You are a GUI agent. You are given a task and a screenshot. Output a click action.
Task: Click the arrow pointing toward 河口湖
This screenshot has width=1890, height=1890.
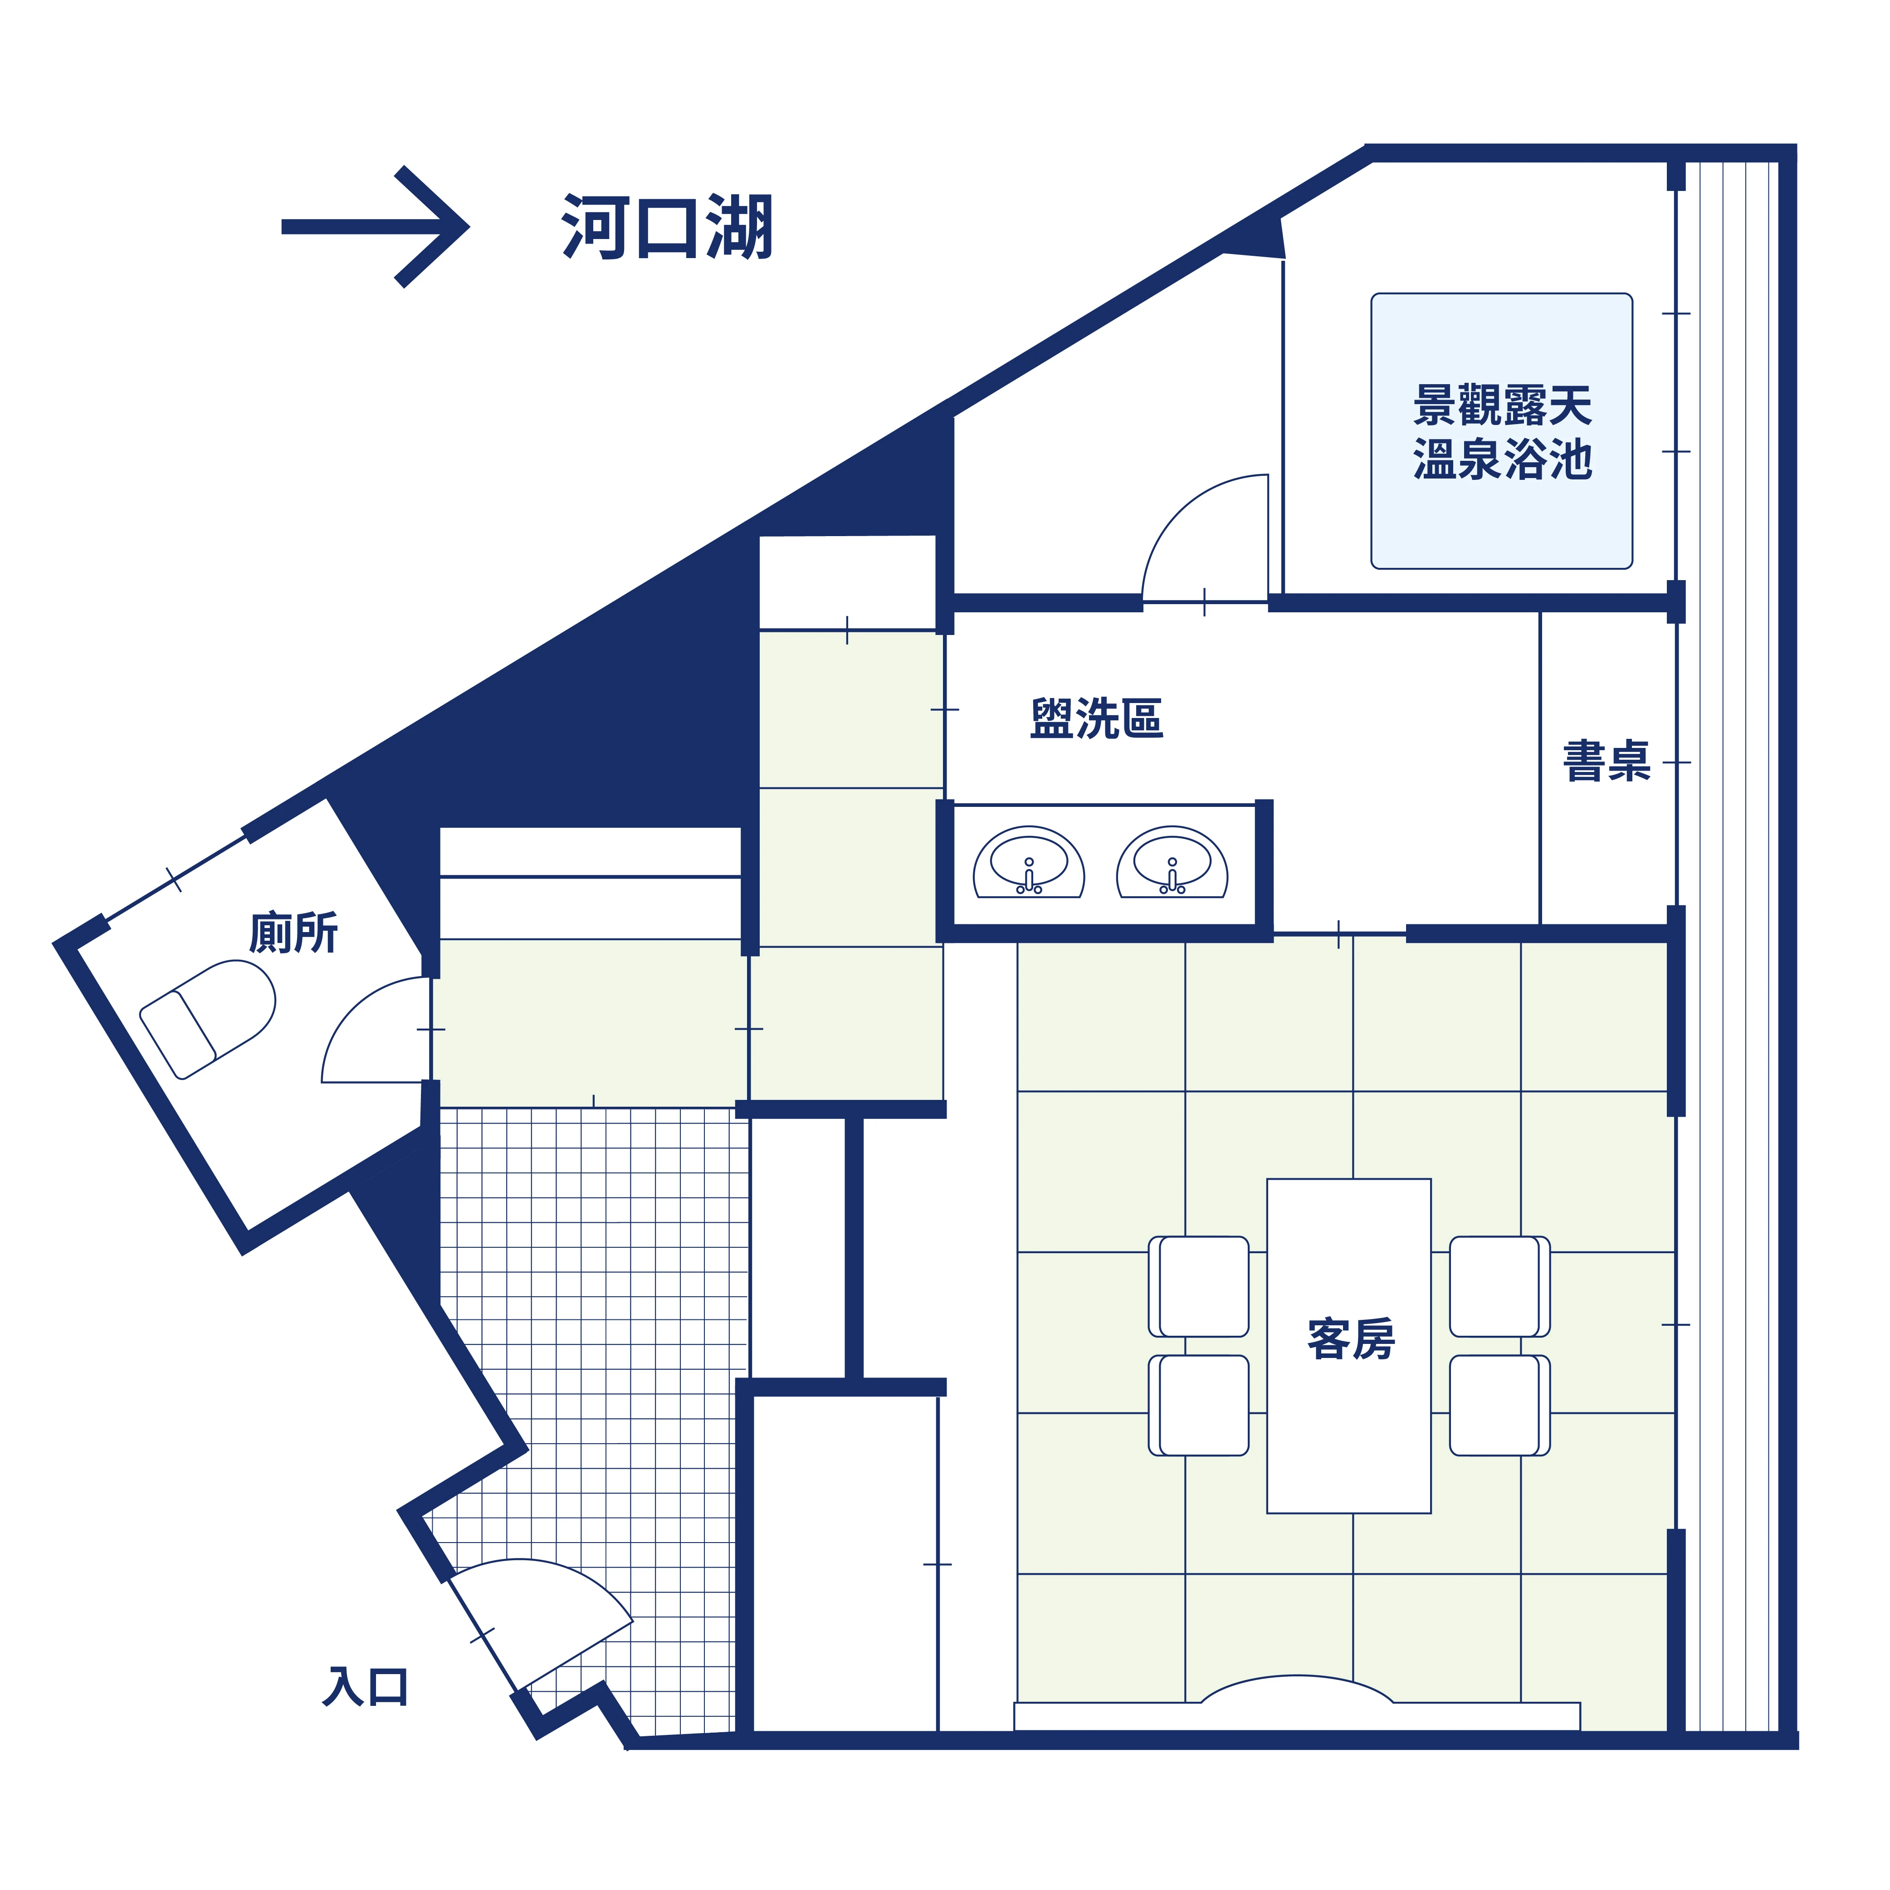point(375,227)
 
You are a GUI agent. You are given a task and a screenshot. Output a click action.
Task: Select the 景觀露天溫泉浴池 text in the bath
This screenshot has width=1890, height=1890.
point(1503,431)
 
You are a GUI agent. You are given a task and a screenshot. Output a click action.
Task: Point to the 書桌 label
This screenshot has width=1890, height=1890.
point(1607,761)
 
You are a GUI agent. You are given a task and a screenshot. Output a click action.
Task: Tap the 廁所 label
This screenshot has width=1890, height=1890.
point(293,932)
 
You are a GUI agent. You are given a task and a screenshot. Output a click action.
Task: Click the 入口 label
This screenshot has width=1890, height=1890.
point(365,1686)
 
